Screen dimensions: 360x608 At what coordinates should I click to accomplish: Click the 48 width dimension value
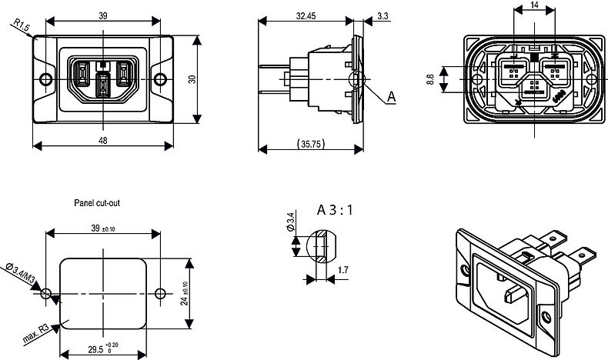[102, 140]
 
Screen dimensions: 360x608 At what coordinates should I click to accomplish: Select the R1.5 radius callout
[21, 28]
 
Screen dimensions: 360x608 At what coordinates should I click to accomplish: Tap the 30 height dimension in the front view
[192, 78]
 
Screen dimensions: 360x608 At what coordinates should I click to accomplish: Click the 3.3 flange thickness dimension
[383, 15]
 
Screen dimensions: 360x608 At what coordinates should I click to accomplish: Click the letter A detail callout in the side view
[391, 97]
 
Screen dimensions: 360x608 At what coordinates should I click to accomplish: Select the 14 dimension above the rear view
[534, 5]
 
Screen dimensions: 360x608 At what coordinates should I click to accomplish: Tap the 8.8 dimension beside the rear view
[430, 78]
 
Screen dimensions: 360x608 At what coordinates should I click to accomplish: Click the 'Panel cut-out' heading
[98, 204]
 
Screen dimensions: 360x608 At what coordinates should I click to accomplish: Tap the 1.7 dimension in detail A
[342, 272]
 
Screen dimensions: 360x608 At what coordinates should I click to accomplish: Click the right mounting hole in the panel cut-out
[161, 294]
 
